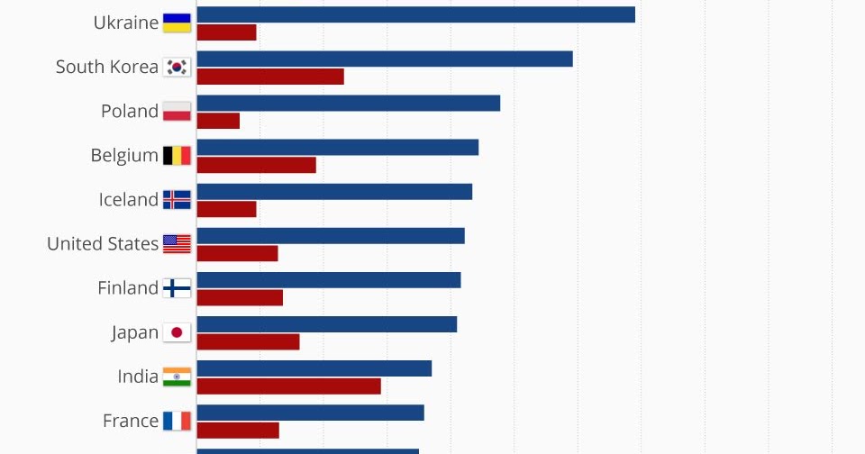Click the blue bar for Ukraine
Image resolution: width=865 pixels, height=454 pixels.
415,14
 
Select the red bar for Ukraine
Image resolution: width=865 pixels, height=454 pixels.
226,32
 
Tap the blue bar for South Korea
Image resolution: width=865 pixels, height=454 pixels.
385,59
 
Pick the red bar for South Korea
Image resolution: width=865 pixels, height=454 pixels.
270,77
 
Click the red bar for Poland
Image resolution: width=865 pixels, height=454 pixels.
218,121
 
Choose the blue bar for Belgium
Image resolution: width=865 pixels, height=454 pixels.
337,147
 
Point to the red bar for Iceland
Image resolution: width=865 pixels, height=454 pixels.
226,209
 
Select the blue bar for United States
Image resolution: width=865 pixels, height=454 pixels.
331,235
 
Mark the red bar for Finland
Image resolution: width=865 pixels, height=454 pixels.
240,297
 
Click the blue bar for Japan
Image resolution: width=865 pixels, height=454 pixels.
326,323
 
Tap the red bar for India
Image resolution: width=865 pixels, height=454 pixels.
288,386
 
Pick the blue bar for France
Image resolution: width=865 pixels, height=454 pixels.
310,412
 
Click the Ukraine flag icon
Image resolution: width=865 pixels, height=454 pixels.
177,23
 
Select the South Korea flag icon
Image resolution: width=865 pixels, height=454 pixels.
177,67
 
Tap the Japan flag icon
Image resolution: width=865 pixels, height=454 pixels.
177,332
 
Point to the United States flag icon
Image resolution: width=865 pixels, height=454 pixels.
177,244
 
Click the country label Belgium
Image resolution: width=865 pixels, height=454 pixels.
124,155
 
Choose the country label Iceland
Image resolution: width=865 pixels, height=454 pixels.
128,199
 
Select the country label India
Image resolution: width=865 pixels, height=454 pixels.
138,377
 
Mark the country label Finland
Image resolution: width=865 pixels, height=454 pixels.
128,288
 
